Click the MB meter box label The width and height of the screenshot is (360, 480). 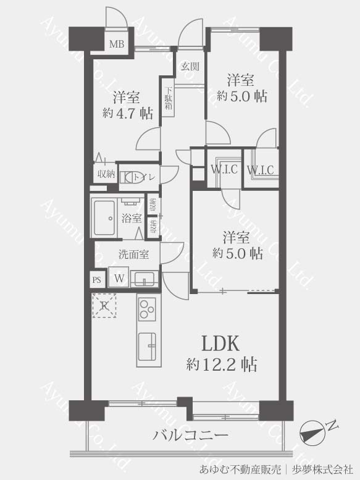coord(117,44)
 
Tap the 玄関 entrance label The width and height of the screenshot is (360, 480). coord(190,66)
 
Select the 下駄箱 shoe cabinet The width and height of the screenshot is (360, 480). coord(168,98)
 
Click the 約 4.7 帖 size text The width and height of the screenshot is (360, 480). coord(128,114)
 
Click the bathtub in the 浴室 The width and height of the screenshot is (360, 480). coord(104,217)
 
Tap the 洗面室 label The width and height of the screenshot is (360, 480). coord(133,254)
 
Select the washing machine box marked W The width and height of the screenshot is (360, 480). coord(119,278)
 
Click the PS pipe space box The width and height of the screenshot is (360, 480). coord(98,280)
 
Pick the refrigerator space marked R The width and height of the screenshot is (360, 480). coord(104,306)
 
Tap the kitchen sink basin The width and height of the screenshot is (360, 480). coord(148,346)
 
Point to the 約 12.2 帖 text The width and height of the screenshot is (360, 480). coord(222,364)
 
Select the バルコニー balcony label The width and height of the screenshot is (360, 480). coord(191,435)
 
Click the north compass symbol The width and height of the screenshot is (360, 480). coord(312,432)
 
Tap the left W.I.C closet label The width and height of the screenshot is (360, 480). coord(224,169)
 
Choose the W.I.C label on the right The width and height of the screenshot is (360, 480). coord(261,170)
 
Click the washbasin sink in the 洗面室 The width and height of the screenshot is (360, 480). coord(144,278)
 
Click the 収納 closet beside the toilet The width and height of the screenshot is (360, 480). coord(106,174)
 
